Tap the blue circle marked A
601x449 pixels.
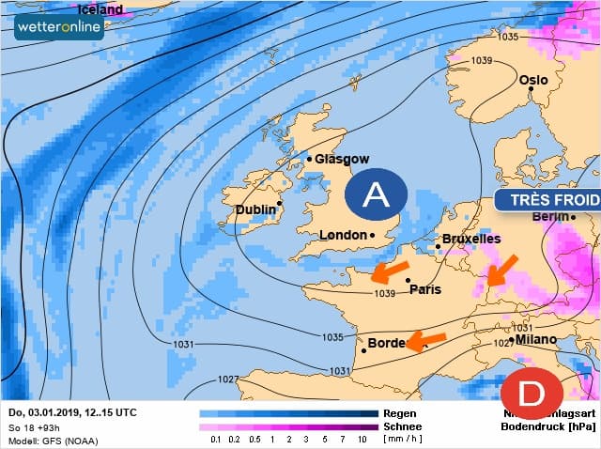pos(376,194)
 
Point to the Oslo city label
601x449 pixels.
pos(533,81)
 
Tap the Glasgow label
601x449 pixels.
pos(342,160)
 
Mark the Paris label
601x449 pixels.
pos(424,289)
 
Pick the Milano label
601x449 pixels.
pos(535,339)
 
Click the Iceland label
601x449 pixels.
pos(100,9)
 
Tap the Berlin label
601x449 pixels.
pos(551,217)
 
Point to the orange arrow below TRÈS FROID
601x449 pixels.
pos(502,270)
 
